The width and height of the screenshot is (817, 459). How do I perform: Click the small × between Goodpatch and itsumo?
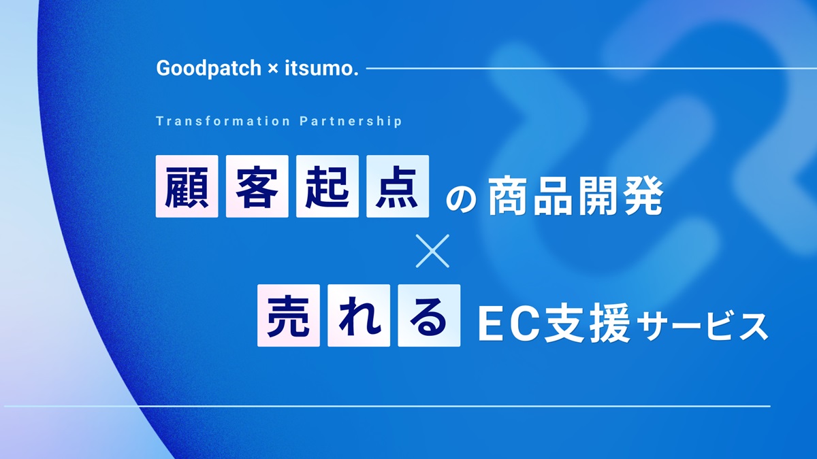(270, 69)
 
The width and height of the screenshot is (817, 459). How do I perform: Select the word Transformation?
(223, 121)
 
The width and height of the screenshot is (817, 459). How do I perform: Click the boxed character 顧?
(187, 186)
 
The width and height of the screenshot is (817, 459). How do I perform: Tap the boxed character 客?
(257, 186)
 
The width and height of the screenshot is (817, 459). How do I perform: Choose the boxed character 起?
(327, 186)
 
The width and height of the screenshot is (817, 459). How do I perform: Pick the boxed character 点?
(398, 186)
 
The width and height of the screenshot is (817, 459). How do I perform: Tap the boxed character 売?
(289, 316)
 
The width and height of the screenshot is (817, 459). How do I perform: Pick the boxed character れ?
(359, 316)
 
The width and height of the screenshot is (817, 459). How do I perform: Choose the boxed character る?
(429, 316)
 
